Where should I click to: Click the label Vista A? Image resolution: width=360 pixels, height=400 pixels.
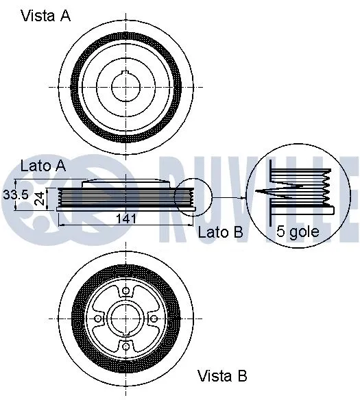point(46,16)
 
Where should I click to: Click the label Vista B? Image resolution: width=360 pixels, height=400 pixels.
point(222,375)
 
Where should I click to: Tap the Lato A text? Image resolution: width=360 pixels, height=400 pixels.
point(43,165)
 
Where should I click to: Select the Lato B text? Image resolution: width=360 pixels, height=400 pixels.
point(221,232)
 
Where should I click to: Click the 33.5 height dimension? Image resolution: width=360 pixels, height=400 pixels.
point(15,195)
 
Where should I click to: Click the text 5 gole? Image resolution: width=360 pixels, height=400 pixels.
point(298,232)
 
